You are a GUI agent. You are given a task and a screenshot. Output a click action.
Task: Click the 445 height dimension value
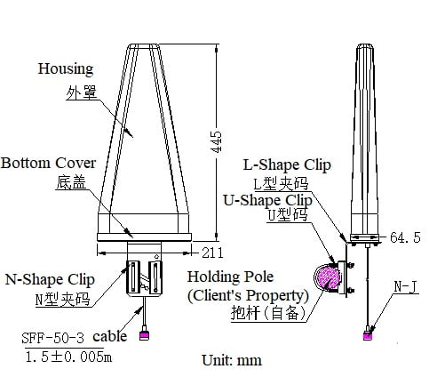[x=218, y=141]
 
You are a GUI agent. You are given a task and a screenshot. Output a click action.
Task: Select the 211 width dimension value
[x=212, y=253]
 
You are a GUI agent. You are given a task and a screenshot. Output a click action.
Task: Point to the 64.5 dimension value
[x=405, y=237]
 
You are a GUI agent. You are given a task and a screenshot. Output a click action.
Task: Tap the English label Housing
[x=66, y=69]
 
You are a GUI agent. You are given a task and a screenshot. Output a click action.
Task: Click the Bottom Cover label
[x=48, y=163]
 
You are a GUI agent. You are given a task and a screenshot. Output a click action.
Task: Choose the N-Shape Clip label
[x=50, y=280]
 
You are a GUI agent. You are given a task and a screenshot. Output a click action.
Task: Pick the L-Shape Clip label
[x=287, y=165]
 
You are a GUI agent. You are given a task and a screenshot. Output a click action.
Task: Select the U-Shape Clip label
[x=267, y=201]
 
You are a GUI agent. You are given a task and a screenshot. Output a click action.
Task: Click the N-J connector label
[x=406, y=286]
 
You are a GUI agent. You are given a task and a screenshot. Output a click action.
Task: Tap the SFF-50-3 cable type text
[x=53, y=338]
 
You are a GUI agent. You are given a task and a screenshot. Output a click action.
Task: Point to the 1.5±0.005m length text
[x=68, y=357]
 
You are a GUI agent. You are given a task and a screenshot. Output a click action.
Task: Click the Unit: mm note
[x=232, y=360]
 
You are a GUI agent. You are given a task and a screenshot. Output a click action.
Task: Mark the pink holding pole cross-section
[x=327, y=278]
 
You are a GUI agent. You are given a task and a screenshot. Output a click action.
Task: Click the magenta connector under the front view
[x=144, y=335]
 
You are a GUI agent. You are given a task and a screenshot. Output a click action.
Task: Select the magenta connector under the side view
[x=368, y=336]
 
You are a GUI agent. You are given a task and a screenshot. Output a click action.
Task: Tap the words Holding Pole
[x=230, y=277]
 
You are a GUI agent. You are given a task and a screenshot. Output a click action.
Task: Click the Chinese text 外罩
[x=82, y=92]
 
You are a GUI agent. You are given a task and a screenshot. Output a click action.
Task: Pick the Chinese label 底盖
[x=71, y=182]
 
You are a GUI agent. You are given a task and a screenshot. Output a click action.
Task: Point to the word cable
[x=110, y=336]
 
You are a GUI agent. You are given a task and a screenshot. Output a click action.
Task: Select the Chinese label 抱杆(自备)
[x=268, y=313]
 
